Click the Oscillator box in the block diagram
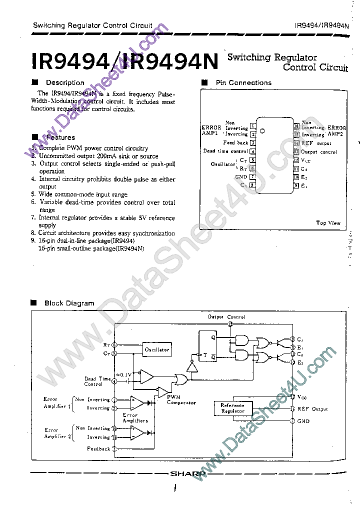[157, 349]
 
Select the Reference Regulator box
[232, 408]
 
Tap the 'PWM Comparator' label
[181, 399]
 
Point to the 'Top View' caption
[328, 223]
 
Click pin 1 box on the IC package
[253, 126]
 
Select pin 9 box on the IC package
[296, 185]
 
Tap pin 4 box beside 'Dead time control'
[253, 151]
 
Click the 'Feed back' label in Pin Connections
[235, 143]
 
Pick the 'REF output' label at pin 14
[316, 143]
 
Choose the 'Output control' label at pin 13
[319, 151]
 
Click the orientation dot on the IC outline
[262, 130]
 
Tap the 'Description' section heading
[65, 82]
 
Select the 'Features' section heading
[60, 137]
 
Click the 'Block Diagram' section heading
[69, 303]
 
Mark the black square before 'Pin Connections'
[204, 82]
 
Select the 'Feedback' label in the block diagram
[98, 448]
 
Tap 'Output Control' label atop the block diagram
[226, 317]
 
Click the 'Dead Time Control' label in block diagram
[97, 381]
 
